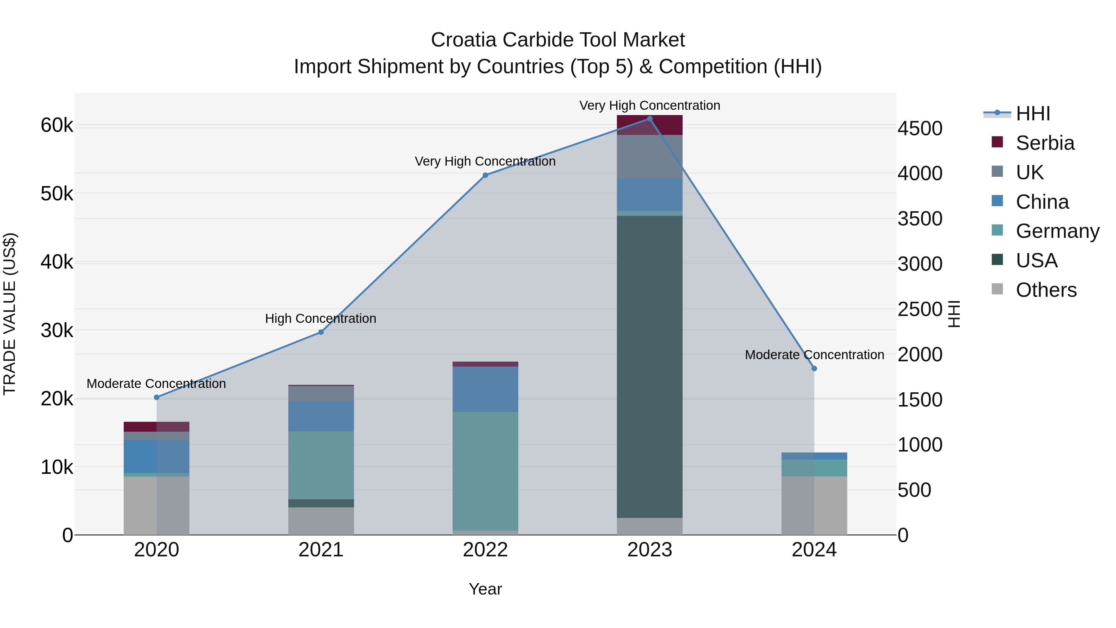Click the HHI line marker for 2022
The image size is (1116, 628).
tap(485, 175)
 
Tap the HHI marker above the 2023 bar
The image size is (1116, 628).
tap(649, 119)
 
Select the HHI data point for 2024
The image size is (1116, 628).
tap(814, 368)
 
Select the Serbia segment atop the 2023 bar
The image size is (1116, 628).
tap(649, 125)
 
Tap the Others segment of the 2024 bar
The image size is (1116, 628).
tap(814, 506)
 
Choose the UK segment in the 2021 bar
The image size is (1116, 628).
tap(321, 394)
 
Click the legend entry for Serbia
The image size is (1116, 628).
tap(1044, 143)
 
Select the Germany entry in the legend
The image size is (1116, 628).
tap(1057, 231)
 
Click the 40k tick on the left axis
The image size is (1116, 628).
tap(57, 262)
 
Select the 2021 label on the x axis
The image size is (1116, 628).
tap(321, 550)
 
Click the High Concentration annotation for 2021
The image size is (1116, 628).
tap(321, 318)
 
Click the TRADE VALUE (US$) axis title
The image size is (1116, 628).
tap(10, 314)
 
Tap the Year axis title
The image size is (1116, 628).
tap(485, 589)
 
